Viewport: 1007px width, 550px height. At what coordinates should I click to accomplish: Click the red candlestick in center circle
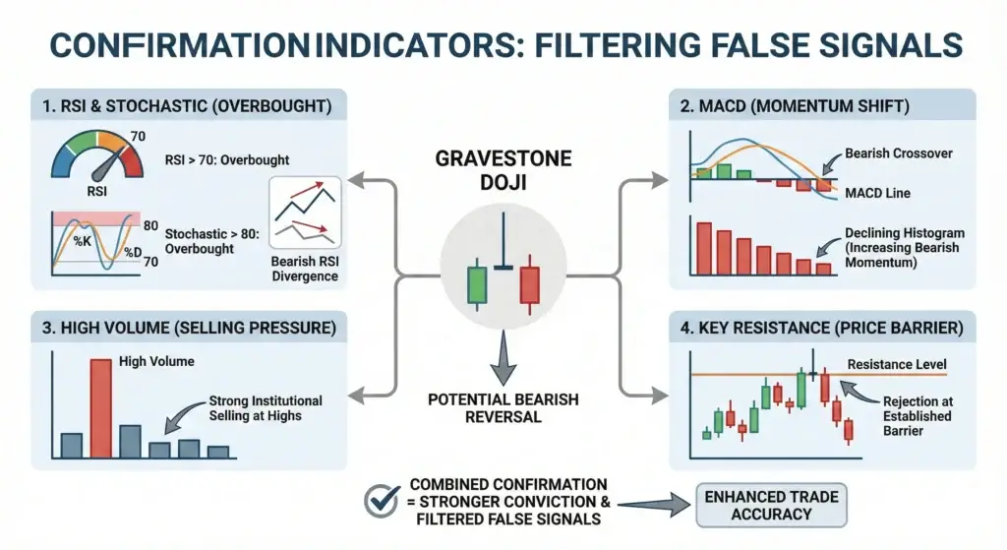pyautogui.click(x=530, y=282)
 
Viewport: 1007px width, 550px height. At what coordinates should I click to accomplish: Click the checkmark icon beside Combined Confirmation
pyautogui.click(x=381, y=501)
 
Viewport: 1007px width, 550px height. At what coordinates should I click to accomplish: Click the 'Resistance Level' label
pyautogui.click(x=896, y=365)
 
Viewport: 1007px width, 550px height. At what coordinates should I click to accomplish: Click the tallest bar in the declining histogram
pyautogui.click(x=703, y=247)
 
